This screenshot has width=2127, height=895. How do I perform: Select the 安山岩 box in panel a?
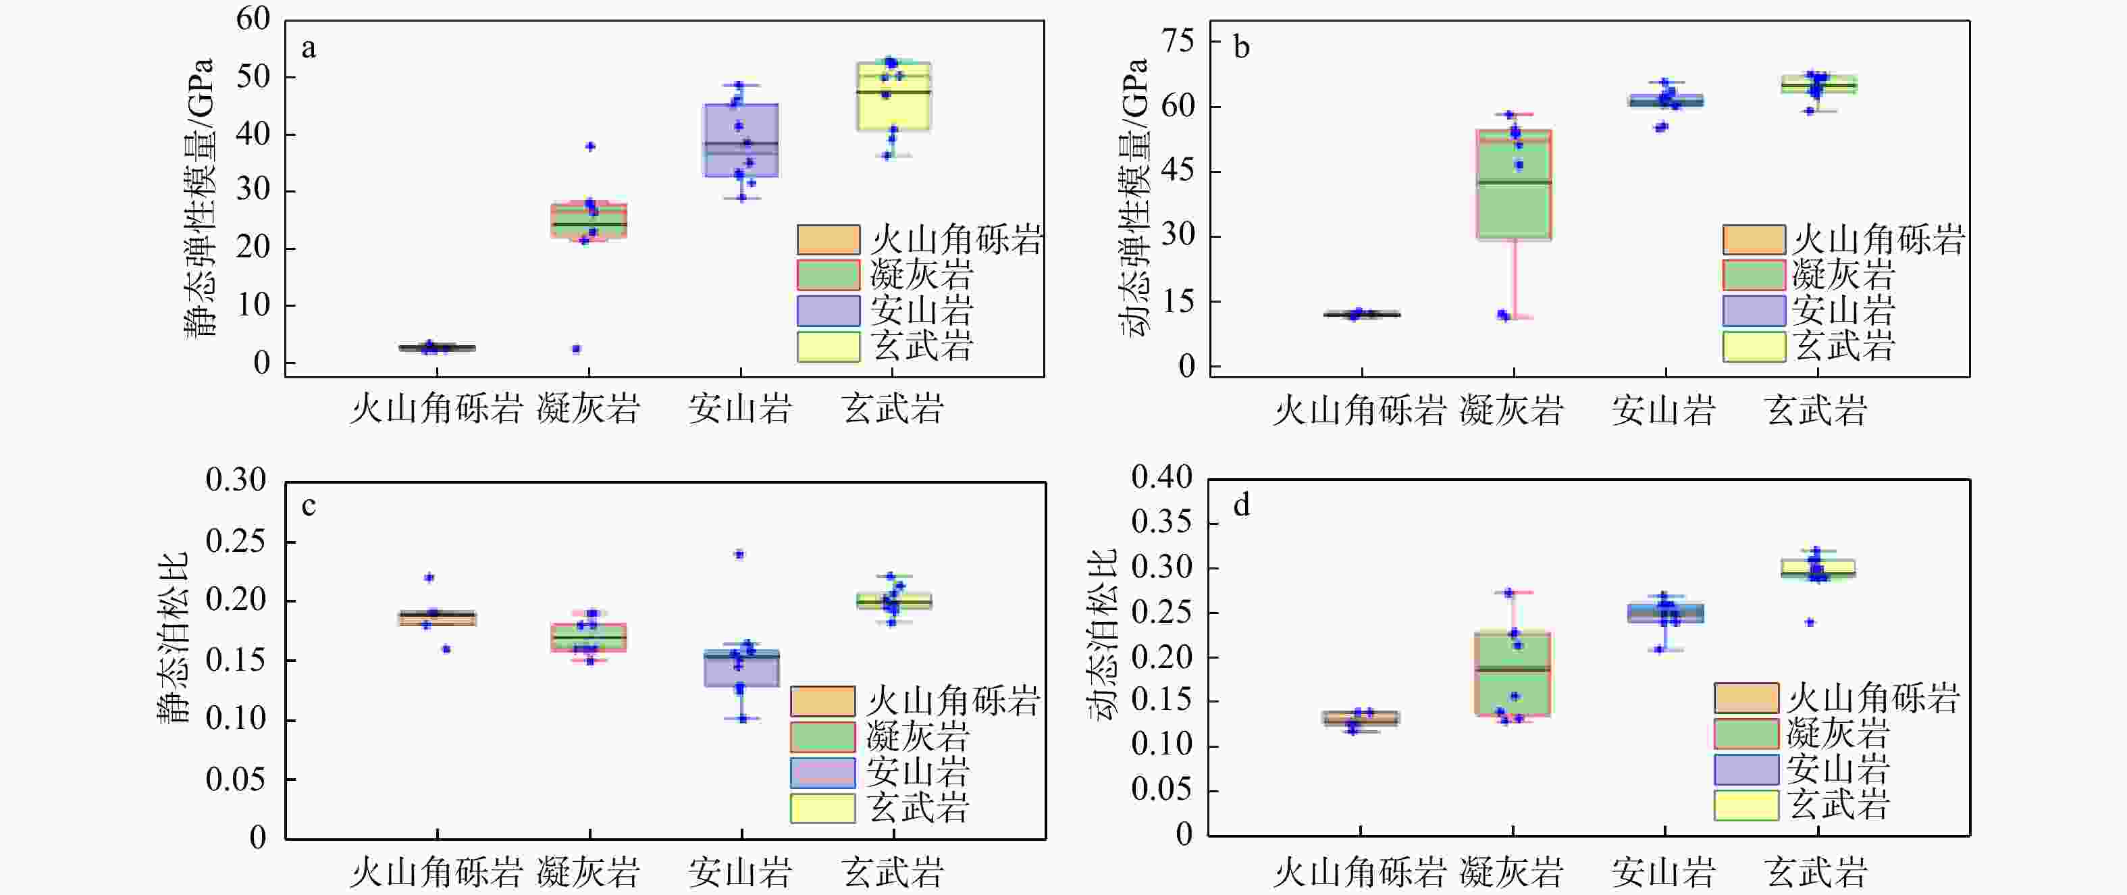point(741,140)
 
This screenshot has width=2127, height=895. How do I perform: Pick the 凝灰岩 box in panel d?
point(1513,673)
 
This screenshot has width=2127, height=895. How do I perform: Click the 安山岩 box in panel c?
point(741,668)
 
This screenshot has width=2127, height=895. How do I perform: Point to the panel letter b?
point(1241,48)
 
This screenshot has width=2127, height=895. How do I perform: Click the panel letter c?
point(309,505)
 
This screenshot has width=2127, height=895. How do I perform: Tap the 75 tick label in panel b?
point(1178,41)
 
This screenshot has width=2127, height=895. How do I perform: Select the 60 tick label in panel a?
point(253,19)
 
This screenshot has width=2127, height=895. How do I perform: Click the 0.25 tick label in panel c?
point(236,542)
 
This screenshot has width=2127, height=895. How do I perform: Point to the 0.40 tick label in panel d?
point(1162,478)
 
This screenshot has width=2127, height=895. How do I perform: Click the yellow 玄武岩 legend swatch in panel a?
point(828,346)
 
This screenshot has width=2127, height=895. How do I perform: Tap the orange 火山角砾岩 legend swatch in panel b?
point(1754,239)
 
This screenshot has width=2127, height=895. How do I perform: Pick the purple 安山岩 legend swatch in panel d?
point(1745,769)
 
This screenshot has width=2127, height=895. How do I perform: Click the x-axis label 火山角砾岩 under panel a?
point(436,409)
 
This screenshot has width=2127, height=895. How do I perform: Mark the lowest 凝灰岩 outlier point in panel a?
point(577,349)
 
